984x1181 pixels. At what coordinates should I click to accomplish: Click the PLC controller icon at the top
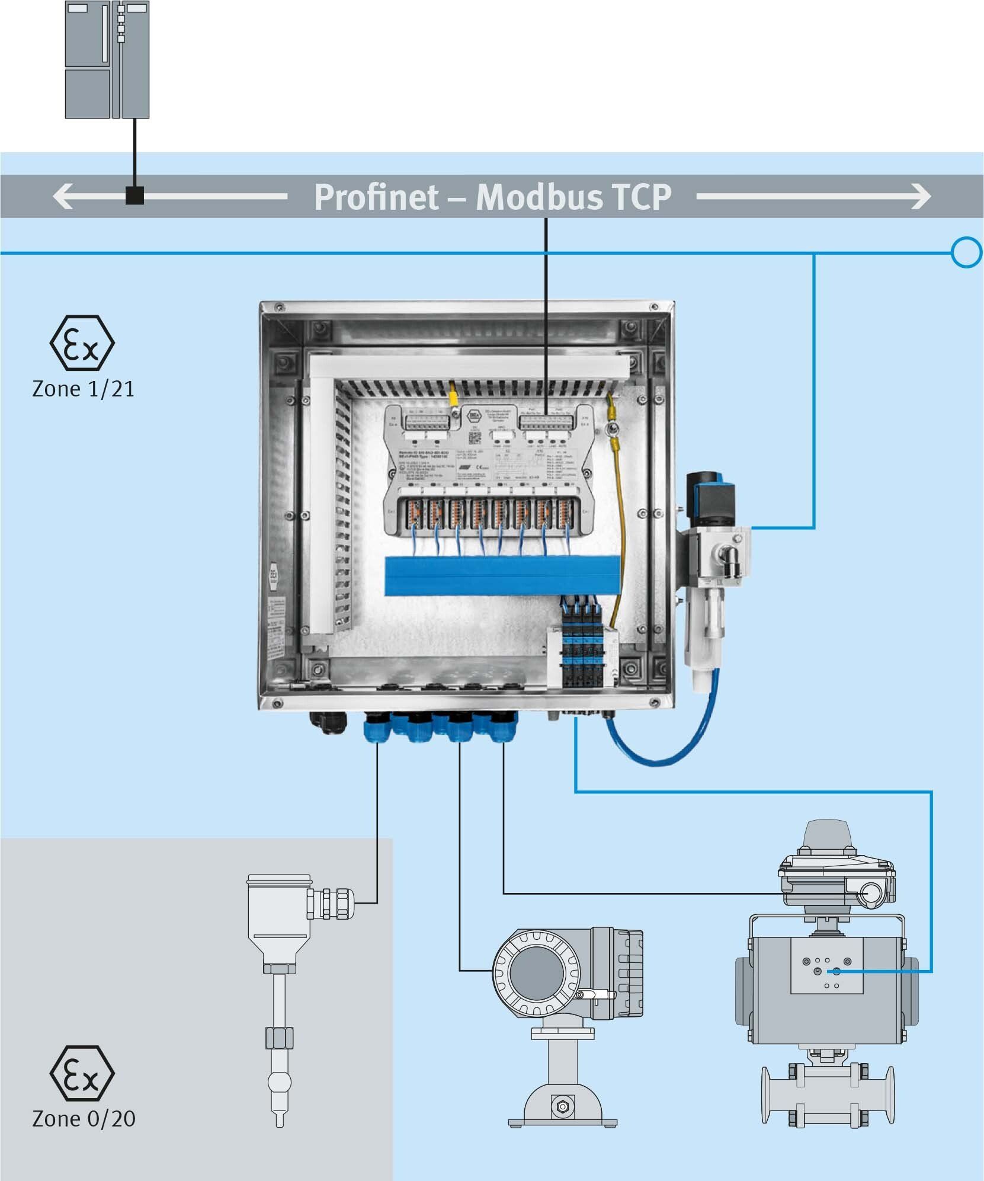tap(107, 59)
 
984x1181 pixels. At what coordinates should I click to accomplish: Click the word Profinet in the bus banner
tap(376, 197)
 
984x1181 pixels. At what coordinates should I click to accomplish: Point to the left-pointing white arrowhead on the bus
tap(63, 196)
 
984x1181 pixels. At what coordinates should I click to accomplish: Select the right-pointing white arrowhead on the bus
tap(921, 196)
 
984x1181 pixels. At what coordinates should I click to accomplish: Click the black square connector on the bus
tap(135, 196)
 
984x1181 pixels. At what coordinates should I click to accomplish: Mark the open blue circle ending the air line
tap(967, 253)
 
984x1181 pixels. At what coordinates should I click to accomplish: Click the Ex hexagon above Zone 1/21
tap(82, 343)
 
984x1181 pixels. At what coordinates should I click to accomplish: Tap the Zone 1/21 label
tap(83, 389)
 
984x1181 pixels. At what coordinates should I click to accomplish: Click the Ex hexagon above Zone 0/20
tap(82, 1073)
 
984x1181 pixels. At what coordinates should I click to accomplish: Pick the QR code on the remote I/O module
tap(475, 437)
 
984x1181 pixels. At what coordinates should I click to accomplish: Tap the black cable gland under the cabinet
tap(323, 721)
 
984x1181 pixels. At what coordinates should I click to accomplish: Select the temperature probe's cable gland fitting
tap(332, 903)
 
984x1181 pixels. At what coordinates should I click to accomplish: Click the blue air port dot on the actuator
tap(836, 971)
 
